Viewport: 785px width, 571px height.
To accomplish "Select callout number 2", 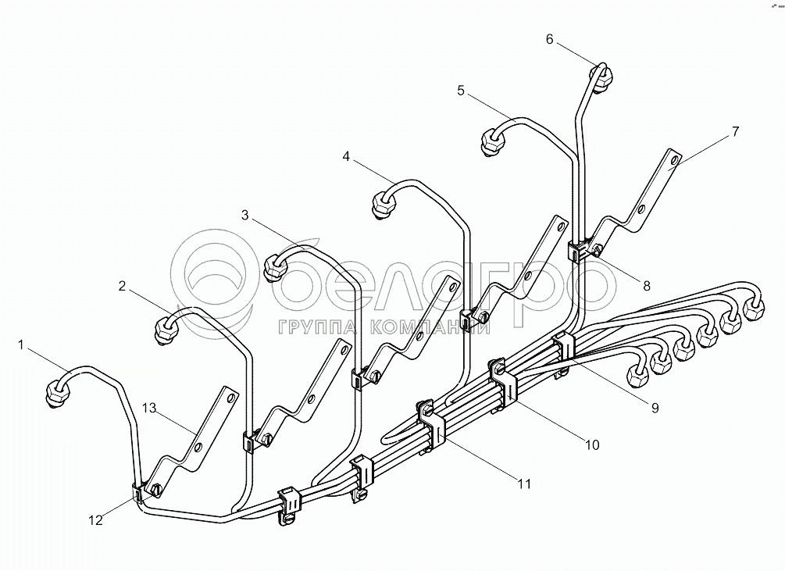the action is pyautogui.click(x=122, y=286).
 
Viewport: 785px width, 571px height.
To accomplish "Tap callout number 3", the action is pyautogui.click(x=245, y=216).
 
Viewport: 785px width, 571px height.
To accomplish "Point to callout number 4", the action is pyautogui.click(x=346, y=156).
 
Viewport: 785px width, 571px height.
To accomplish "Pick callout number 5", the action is pyautogui.click(x=461, y=91).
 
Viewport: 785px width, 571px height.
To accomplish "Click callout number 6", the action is pyautogui.click(x=550, y=39).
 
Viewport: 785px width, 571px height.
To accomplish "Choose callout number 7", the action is pyautogui.click(x=734, y=131).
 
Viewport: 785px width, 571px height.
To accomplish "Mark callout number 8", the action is pyautogui.click(x=646, y=285).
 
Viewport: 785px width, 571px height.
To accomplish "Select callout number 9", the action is pyautogui.click(x=655, y=407).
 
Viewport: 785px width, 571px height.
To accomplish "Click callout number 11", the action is pyautogui.click(x=523, y=484).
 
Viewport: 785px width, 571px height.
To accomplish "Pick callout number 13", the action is pyautogui.click(x=150, y=406).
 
